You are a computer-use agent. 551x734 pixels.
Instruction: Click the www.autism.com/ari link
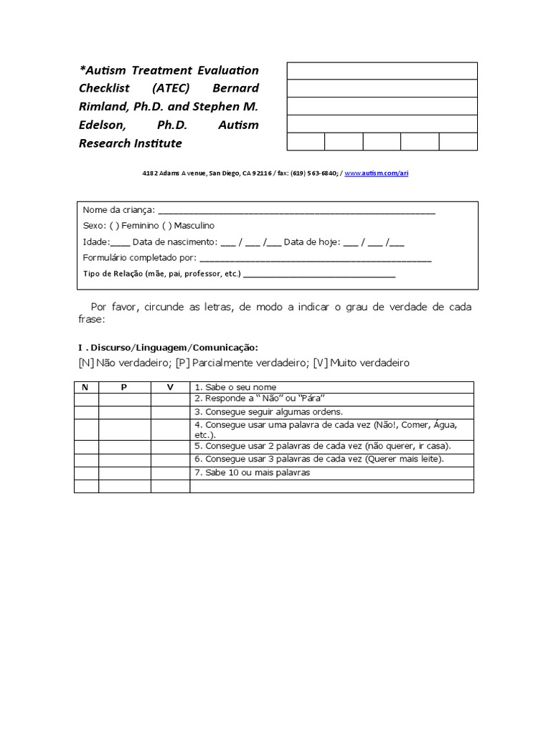[x=377, y=173]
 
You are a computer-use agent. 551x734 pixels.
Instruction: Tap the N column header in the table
[x=86, y=387]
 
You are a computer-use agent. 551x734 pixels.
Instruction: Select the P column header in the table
[x=124, y=387]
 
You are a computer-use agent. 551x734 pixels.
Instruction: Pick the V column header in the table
[x=170, y=387]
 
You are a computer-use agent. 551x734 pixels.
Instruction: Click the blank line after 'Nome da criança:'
[x=296, y=211]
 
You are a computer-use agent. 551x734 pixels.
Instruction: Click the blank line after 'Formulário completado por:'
[x=315, y=259]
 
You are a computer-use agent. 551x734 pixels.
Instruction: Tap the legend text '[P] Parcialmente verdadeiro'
[x=243, y=363]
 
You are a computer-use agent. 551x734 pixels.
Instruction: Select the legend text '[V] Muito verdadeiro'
[x=362, y=363]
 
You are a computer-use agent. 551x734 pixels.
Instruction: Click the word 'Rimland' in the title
[x=105, y=107]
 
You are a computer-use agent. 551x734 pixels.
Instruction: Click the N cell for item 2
[x=86, y=399]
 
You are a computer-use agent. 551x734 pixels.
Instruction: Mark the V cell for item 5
[x=170, y=446]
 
